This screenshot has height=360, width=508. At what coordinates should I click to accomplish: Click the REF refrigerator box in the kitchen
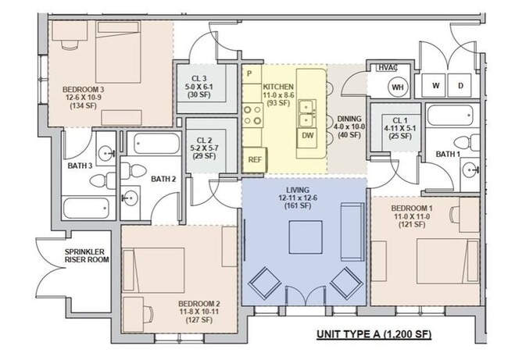(255, 159)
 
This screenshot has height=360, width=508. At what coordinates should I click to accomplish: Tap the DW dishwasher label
(307, 136)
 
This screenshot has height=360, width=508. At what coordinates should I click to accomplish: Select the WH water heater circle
(397, 87)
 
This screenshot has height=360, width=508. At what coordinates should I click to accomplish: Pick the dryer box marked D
(460, 84)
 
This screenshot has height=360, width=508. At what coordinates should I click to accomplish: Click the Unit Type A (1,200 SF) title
(374, 334)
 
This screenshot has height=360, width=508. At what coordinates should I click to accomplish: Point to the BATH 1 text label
(447, 155)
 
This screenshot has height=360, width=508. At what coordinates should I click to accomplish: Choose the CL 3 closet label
(199, 78)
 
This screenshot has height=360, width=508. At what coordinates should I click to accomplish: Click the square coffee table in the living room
(305, 237)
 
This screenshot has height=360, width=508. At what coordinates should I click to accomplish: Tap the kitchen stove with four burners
(253, 116)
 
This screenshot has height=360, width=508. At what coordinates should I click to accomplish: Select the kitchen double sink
(307, 113)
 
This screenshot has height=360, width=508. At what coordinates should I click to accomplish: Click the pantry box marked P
(249, 73)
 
